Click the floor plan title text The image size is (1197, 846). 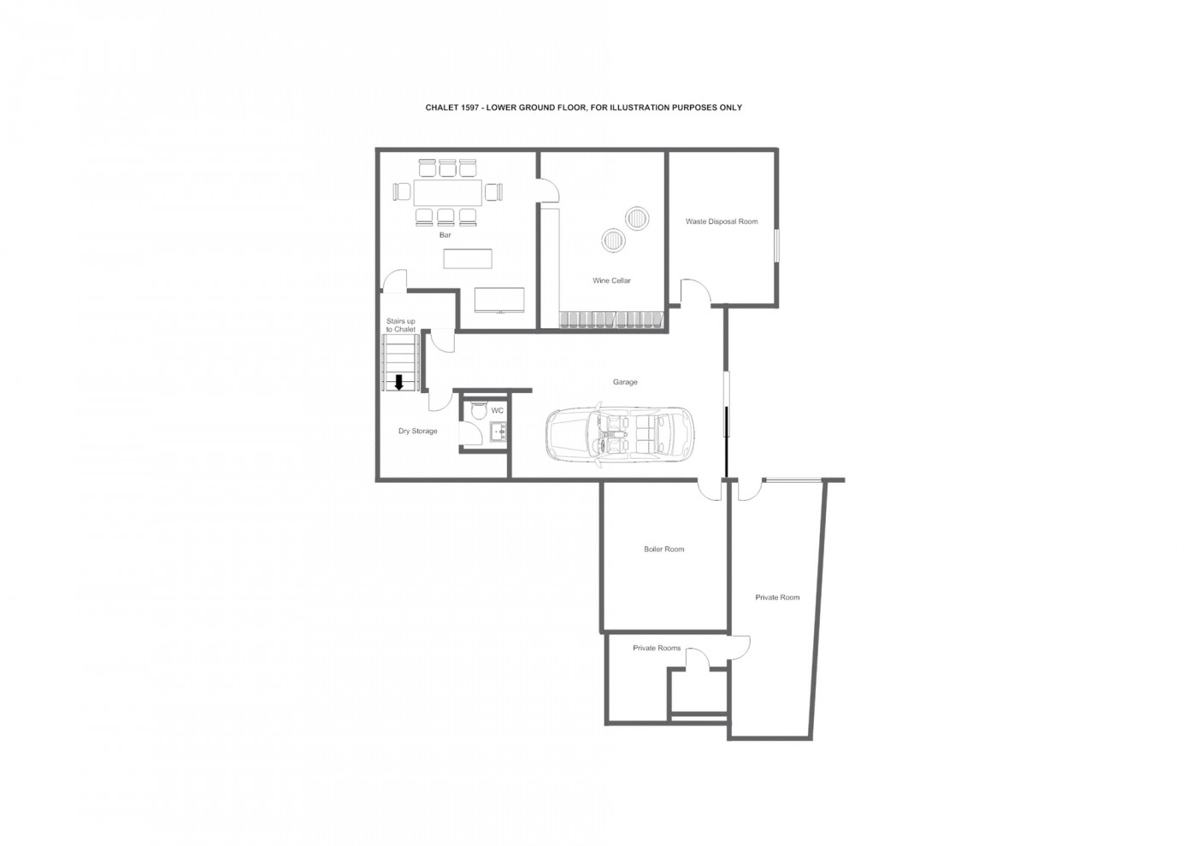tap(583, 108)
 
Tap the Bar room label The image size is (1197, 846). tap(445, 235)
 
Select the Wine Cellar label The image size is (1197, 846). tap(611, 280)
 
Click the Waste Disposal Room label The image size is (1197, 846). tap(722, 221)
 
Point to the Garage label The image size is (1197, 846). tap(625, 382)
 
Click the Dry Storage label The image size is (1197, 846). tap(418, 431)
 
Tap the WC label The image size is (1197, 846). tap(497, 411)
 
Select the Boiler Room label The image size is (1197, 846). tap(663, 549)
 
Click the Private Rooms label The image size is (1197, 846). tap(657, 648)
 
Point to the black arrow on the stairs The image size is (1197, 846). tap(398, 383)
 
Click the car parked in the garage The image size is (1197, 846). tap(619, 434)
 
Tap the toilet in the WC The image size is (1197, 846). tap(478, 410)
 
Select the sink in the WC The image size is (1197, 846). tap(499, 432)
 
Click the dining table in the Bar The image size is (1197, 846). tap(448, 192)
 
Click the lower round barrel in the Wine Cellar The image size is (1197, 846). tap(614, 241)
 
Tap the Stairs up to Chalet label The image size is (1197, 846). tap(401, 326)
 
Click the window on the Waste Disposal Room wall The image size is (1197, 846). tap(777, 245)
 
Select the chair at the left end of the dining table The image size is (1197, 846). tap(401, 192)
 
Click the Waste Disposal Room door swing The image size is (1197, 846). tap(695, 292)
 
